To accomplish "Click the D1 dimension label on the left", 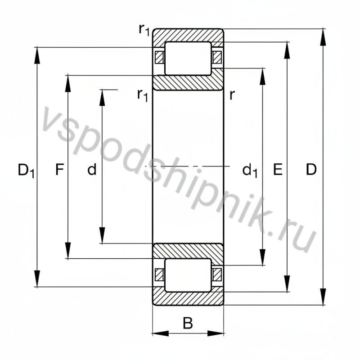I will pyautogui.click(x=26, y=171).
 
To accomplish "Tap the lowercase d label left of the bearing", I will pyautogui.click(x=92, y=170).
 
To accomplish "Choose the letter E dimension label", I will pyautogui.click(x=278, y=170).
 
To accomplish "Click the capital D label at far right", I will pyautogui.click(x=311, y=170).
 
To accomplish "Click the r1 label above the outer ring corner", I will pyautogui.click(x=144, y=30).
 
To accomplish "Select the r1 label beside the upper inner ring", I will pyautogui.click(x=143, y=95).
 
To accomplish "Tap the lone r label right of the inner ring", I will pyautogui.click(x=232, y=94).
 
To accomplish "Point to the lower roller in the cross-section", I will pyautogui.click(x=188, y=274).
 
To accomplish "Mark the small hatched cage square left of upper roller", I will pyautogui.click(x=159, y=58).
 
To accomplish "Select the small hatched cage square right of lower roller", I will pyautogui.click(x=217, y=274).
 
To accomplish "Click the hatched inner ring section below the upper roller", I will pyautogui.click(x=188, y=82).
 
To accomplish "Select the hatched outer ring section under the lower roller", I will pyautogui.click(x=188, y=298).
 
